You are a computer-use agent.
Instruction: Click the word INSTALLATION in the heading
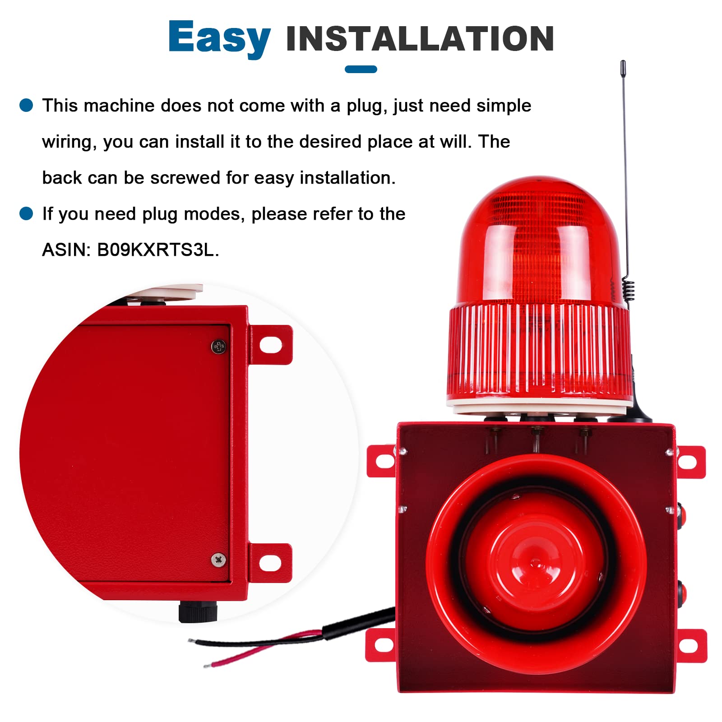tap(420, 39)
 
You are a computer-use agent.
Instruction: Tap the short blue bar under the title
tap(361, 69)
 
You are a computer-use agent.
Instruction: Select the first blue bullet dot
tap(27, 105)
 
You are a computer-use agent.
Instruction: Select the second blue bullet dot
tap(27, 213)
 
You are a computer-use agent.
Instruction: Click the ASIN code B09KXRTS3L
tap(157, 250)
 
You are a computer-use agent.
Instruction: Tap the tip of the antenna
tap(623, 63)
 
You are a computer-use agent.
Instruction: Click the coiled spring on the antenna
tap(628, 289)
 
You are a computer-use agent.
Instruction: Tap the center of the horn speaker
tap(536, 563)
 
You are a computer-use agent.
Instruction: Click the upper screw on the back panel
tap(219, 347)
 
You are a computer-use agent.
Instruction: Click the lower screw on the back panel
tap(219, 560)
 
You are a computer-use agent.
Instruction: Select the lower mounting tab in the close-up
tap(270, 563)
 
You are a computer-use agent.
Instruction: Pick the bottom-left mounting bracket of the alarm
tap(380, 645)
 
